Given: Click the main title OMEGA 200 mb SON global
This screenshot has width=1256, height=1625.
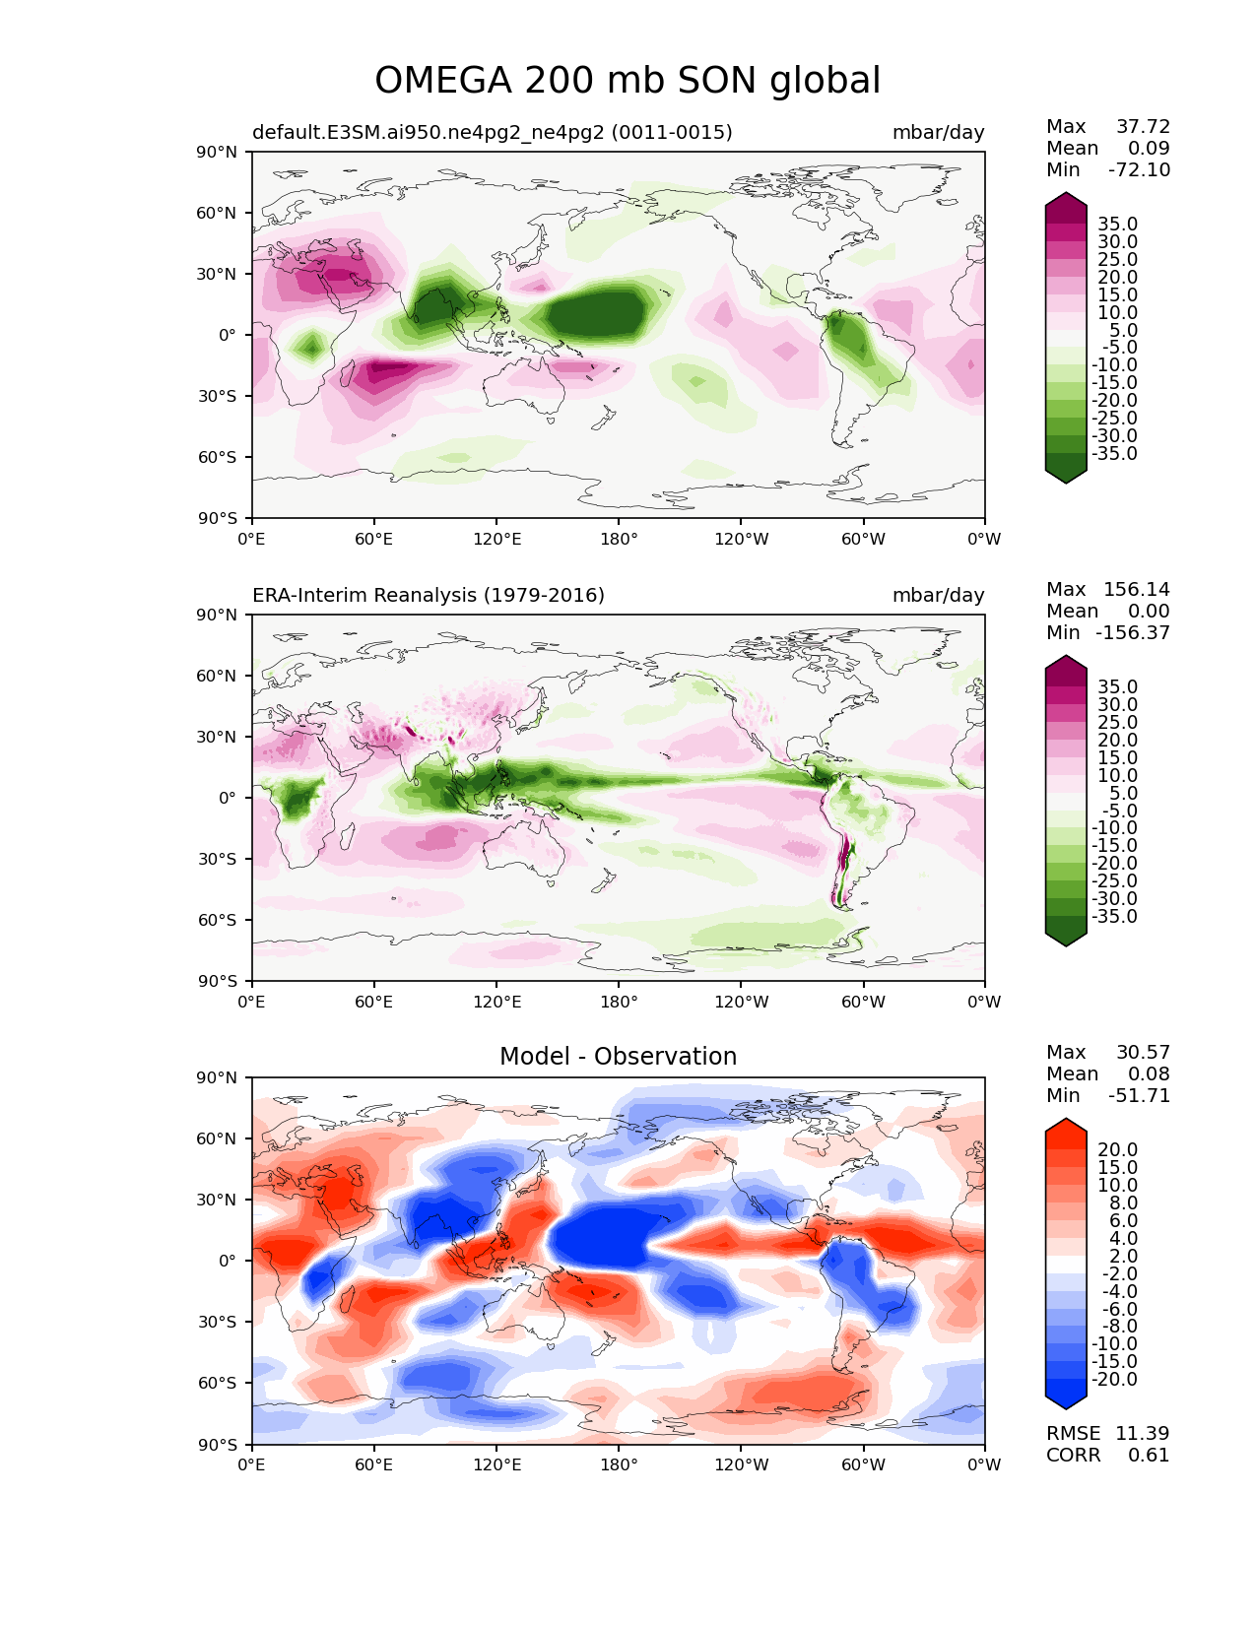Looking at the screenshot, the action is point(628,81).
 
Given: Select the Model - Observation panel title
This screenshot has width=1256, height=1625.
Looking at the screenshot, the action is point(618,1056).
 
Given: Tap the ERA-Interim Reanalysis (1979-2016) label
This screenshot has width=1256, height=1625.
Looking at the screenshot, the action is point(428,595).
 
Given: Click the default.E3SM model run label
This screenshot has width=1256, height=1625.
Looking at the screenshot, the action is point(493,132).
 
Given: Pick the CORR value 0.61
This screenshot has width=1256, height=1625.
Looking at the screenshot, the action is point(1149,1455).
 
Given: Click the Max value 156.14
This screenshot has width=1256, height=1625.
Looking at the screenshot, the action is point(1136,589).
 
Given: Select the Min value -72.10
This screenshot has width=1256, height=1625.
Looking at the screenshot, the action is point(1140,169).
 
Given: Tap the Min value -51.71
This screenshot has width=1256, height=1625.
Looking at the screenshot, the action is point(1140,1095).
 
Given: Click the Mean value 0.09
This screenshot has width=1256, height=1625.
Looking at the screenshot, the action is point(1149,148).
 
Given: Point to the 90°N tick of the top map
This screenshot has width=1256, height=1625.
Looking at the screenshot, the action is point(217,152).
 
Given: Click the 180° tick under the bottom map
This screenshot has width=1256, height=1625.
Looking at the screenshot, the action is point(619,1464).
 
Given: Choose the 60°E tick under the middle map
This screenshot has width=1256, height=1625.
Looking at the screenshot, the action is point(373,1002).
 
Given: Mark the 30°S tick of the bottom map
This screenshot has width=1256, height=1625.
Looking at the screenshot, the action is point(217,1322).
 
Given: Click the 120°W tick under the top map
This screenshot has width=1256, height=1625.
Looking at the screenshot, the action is point(742,539).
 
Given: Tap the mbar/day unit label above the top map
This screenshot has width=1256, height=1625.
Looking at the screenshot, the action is point(938,132).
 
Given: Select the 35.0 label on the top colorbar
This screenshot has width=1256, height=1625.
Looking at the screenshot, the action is point(1118,224).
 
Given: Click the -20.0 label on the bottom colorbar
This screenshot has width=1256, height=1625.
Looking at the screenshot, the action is point(1114,1379).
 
